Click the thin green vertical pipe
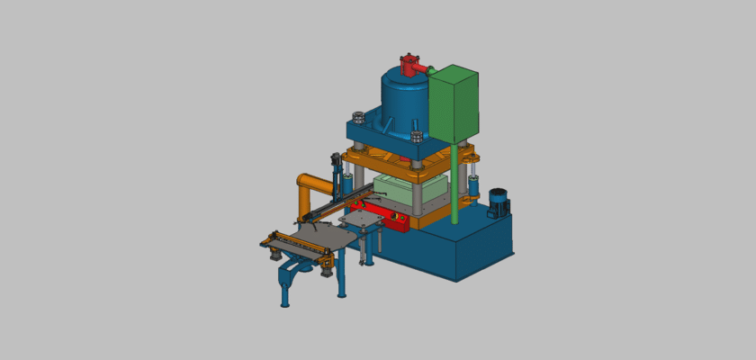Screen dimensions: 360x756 click(456, 184)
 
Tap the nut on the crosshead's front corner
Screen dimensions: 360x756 click(416, 137)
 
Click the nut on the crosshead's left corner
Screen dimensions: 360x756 click(356, 117)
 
